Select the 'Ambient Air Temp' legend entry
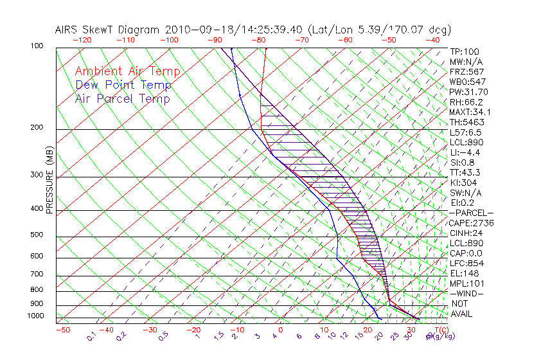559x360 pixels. (127, 71)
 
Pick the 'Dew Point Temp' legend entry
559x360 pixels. (123, 85)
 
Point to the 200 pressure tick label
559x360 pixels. (37, 127)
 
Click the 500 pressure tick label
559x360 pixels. (37, 235)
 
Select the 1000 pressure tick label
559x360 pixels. (36, 316)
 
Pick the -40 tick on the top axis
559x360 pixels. (433, 40)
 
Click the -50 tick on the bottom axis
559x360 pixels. (62, 330)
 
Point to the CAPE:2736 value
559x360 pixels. (471, 223)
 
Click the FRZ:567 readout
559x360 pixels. (466, 71)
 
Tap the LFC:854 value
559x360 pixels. (466, 264)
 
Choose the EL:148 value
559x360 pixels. (464, 273)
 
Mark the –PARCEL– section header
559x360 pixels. (471, 213)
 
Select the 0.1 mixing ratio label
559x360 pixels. (92, 336)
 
